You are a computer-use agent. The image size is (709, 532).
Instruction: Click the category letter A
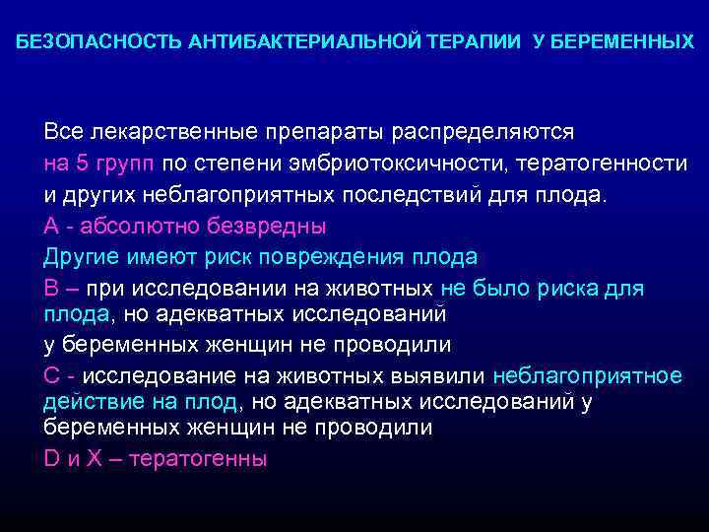point(51,226)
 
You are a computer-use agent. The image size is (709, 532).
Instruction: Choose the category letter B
point(51,289)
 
